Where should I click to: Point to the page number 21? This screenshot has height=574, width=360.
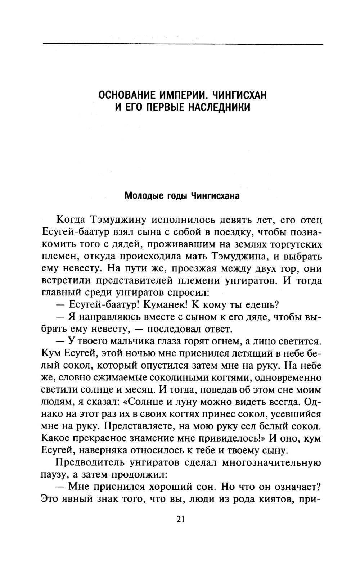click(x=181, y=519)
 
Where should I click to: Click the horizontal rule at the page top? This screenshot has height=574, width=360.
click(x=183, y=44)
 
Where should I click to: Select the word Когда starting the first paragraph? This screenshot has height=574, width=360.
click(x=70, y=220)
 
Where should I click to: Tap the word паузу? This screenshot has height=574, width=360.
click(x=53, y=475)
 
